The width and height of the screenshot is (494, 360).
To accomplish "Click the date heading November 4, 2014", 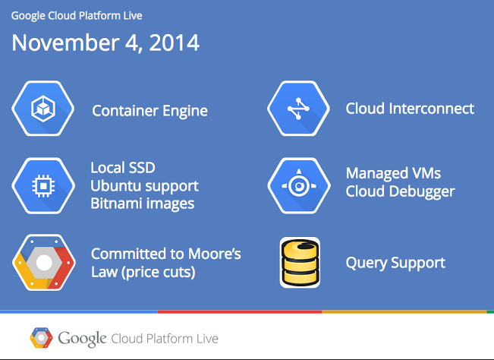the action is click(x=105, y=43).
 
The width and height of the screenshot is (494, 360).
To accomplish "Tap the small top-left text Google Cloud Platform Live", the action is click(x=77, y=16).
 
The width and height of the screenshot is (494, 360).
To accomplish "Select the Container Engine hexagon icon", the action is click(x=43, y=109).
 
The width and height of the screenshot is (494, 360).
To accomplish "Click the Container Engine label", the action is click(x=149, y=111).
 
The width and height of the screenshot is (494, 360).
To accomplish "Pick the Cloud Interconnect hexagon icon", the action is click(x=299, y=109).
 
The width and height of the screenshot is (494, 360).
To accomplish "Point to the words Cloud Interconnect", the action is click(x=410, y=109).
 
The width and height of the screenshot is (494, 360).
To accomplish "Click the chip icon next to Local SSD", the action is click(x=43, y=186).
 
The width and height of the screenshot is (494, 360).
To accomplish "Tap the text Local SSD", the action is click(x=123, y=168).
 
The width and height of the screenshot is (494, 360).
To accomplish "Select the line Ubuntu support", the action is click(x=145, y=186).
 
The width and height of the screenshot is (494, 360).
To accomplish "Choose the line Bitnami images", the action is click(x=143, y=204).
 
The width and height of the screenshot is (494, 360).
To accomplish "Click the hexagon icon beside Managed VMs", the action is click(x=299, y=186).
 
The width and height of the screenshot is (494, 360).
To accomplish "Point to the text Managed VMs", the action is click(x=393, y=173).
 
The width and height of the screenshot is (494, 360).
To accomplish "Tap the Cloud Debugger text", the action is click(x=401, y=191).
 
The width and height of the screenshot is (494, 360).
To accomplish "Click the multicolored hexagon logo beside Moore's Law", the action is click(x=44, y=263).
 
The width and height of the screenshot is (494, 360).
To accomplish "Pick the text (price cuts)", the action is click(x=159, y=273).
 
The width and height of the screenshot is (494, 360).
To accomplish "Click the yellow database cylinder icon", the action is click(x=300, y=262).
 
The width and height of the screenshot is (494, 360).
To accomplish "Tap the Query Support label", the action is click(x=395, y=263).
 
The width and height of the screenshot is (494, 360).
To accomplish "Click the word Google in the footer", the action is click(x=82, y=339).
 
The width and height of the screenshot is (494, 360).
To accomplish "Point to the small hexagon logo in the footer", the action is click(x=41, y=338).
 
